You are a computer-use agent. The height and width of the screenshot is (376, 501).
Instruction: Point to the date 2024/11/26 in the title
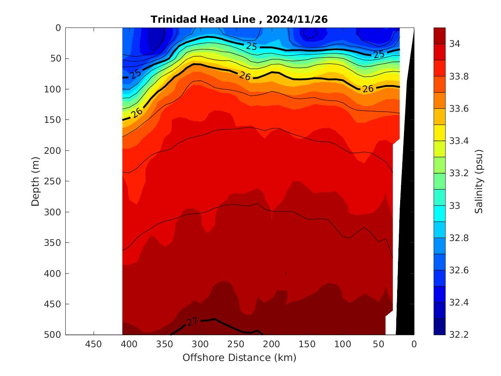tap(297, 19)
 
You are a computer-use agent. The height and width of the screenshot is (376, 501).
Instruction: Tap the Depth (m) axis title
tap(36, 181)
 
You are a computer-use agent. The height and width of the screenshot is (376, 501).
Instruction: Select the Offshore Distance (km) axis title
tap(239, 358)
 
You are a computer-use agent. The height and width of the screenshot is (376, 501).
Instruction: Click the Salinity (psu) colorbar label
tap(479, 181)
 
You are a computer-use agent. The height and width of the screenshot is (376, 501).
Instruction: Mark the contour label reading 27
tap(192, 321)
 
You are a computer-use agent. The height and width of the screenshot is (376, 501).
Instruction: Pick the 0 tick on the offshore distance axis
tap(414, 344)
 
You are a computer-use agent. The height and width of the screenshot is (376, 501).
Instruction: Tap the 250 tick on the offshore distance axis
tap(236, 344)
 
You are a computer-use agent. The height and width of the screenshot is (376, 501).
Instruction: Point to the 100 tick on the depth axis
tap(55, 89)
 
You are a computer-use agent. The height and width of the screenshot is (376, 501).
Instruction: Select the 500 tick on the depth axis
tap(55, 335)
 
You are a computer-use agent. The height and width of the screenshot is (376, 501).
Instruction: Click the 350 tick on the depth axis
tap(55, 243)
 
